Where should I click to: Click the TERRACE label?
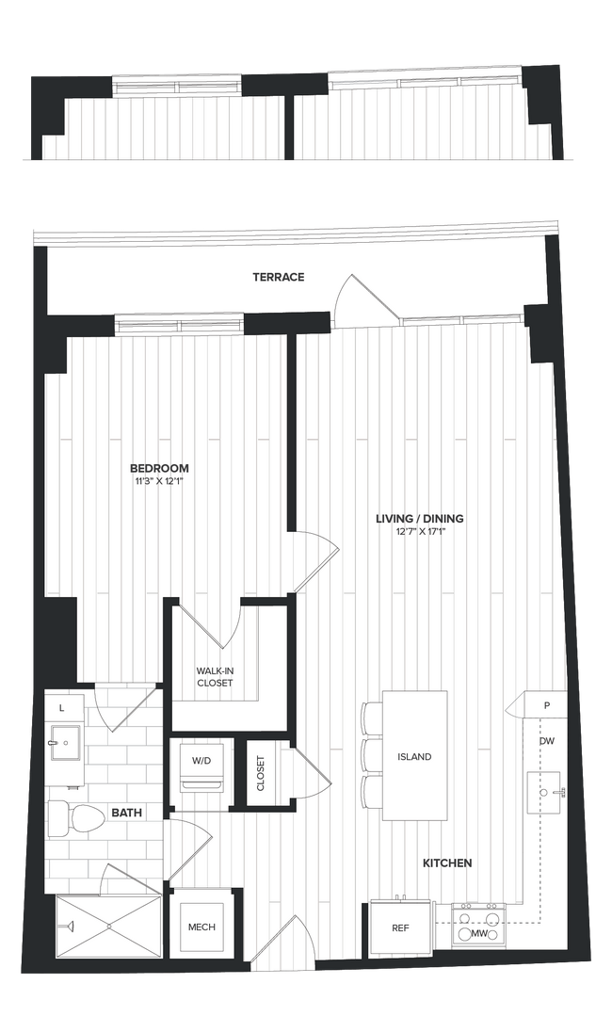point(278,277)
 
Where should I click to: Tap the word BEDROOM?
point(159,468)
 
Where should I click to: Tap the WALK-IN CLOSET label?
point(214,676)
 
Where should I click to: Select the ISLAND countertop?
point(414,756)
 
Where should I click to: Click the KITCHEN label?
point(446,863)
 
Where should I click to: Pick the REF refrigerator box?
point(400,927)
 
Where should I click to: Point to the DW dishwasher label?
point(546,742)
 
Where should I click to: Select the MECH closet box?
point(201,927)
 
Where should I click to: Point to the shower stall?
point(108,927)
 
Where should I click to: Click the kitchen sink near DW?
point(545,788)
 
